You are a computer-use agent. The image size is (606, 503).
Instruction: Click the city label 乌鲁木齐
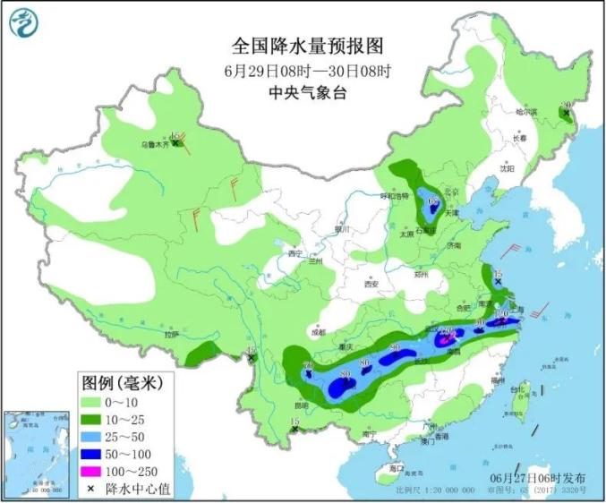pyautogui.click(x=154, y=142)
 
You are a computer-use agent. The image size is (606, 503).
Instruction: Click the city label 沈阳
pyautogui.click(x=508, y=167)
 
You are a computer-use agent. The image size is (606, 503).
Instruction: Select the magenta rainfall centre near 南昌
pyautogui.click(x=445, y=339)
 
